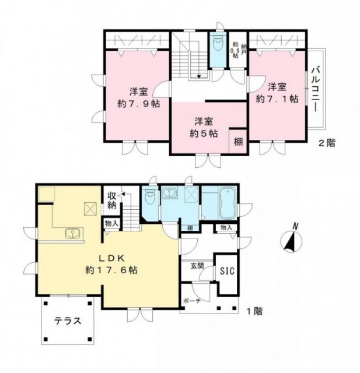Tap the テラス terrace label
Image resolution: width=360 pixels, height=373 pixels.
pos(67,321)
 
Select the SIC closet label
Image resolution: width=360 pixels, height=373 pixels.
pos(226,270)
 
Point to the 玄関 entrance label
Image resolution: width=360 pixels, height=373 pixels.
pos(197,266)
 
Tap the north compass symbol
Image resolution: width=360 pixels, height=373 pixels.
pos(290,239)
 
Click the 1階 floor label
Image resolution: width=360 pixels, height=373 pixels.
pos(254,311)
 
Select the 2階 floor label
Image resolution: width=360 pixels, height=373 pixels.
pos(327,143)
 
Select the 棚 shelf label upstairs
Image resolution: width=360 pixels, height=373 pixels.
pos(239,141)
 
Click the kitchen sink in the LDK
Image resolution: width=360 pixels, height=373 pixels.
pos(73,234)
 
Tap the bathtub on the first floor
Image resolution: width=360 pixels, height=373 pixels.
pos(226,202)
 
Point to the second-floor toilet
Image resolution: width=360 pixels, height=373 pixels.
pos(218,45)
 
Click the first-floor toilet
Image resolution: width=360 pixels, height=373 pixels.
pos(151,199)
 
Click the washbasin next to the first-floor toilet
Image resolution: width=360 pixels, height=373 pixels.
pos(170,194)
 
